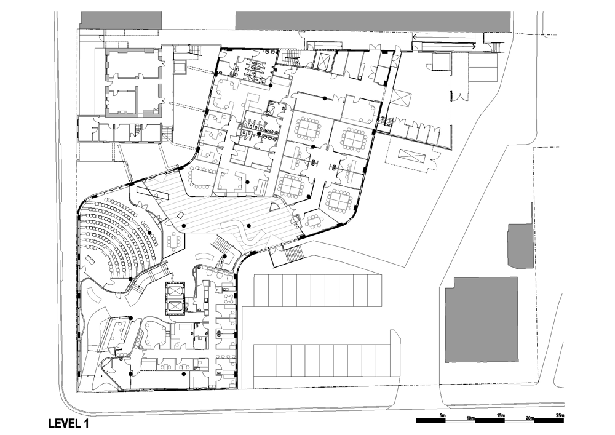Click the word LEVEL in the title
[x=63, y=424]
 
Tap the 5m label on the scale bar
[x=442, y=415]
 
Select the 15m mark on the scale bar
[x=501, y=415]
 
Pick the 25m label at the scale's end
[x=560, y=415]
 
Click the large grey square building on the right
[x=482, y=319]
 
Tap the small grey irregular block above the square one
[x=520, y=246]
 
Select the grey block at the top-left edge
[x=121, y=20]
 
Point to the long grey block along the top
[x=373, y=20]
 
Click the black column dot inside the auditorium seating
[x=149, y=233]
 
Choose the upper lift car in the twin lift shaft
[x=174, y=289]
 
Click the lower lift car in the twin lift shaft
[x=174, y=306]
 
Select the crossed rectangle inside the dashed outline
[x=412, y=156]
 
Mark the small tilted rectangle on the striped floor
[x=180, y=215]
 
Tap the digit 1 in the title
[x=85, y=424]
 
